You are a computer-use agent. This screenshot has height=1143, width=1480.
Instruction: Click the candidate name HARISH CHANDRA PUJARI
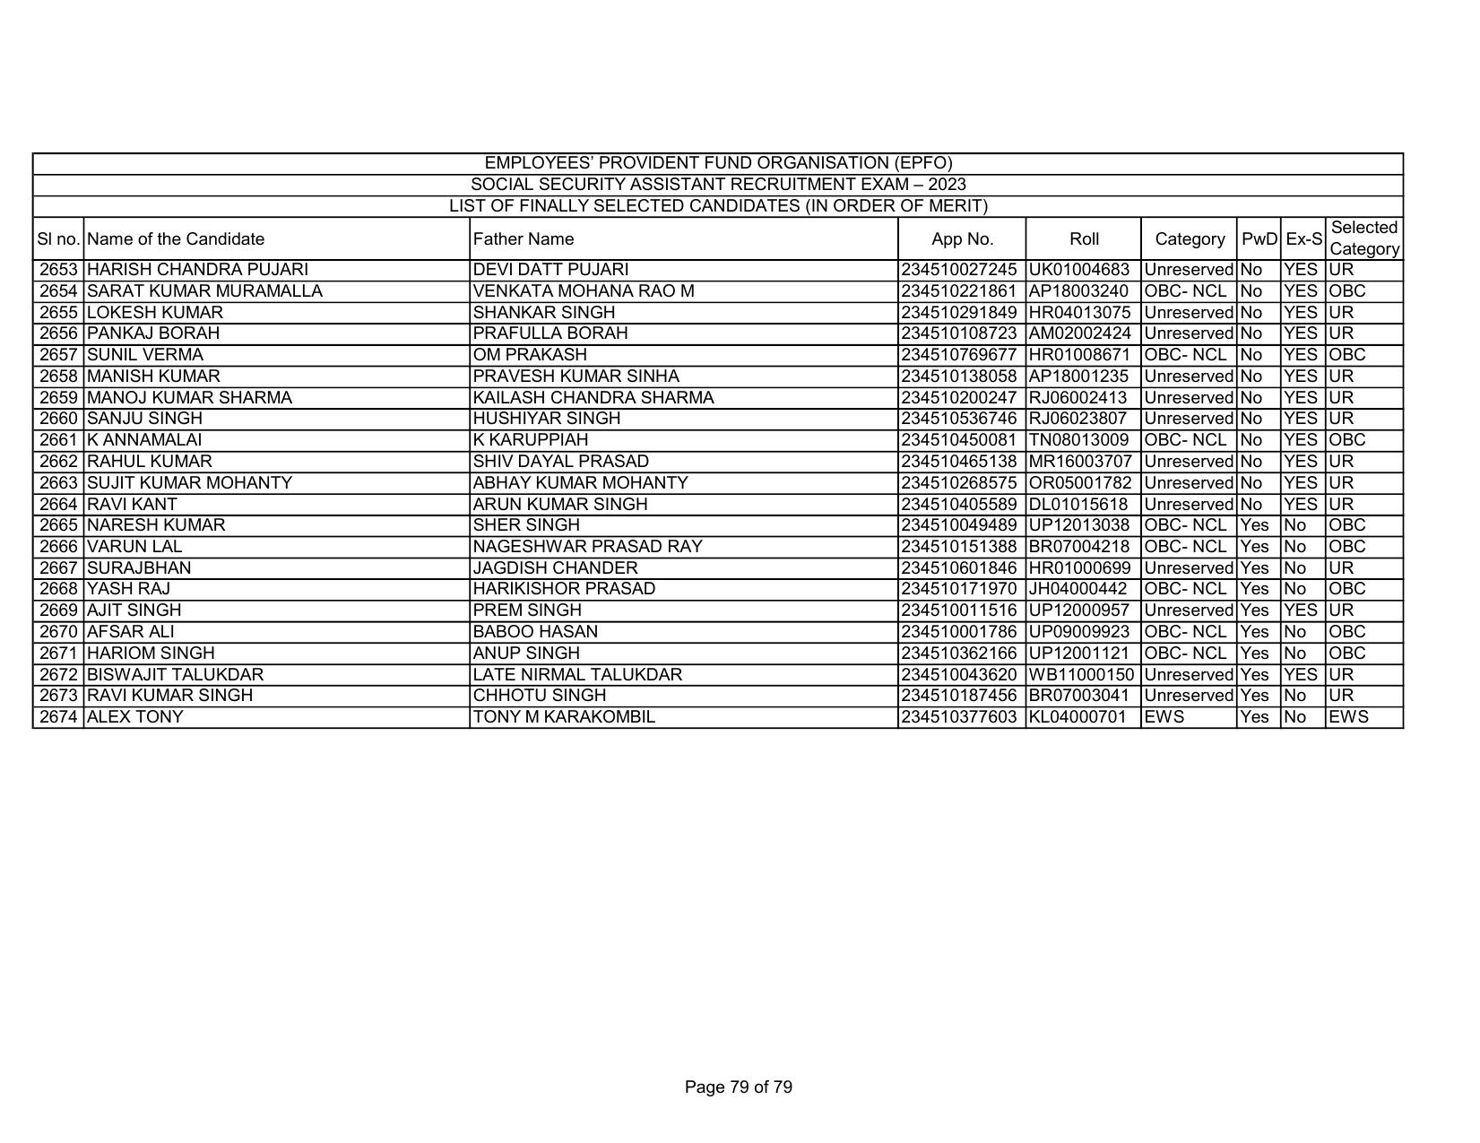coord(197,270)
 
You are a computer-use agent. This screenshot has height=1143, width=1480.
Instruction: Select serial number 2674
coord(59,717)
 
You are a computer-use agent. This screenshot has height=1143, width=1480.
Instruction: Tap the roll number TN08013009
coord(1078,440)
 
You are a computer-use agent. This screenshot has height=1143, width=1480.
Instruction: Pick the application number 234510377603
coord(960,717)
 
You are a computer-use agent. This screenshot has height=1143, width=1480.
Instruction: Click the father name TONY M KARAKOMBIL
coord(564,717)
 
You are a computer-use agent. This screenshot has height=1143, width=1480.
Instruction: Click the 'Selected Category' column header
coord(1363,238)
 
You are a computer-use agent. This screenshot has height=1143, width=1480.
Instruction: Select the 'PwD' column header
coord(1259,239)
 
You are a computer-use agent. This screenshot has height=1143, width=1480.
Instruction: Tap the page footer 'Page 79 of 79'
coord(738,1087)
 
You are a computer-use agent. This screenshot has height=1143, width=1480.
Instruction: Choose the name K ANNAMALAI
coord(144,440)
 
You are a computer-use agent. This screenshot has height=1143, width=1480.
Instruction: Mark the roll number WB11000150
coord(1082,675)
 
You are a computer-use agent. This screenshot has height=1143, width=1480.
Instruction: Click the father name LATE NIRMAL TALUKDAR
coord(577,675)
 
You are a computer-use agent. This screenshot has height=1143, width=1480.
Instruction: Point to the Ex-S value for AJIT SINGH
coord(1301,610)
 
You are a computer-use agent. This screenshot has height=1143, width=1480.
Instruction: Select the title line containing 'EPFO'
coord(718,163)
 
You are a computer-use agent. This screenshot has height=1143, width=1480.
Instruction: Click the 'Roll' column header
coord(1084,239)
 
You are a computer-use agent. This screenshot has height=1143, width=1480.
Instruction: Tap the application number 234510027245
coord(960,270)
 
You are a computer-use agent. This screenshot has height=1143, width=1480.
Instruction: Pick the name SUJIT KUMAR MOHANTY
coord(189,483)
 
